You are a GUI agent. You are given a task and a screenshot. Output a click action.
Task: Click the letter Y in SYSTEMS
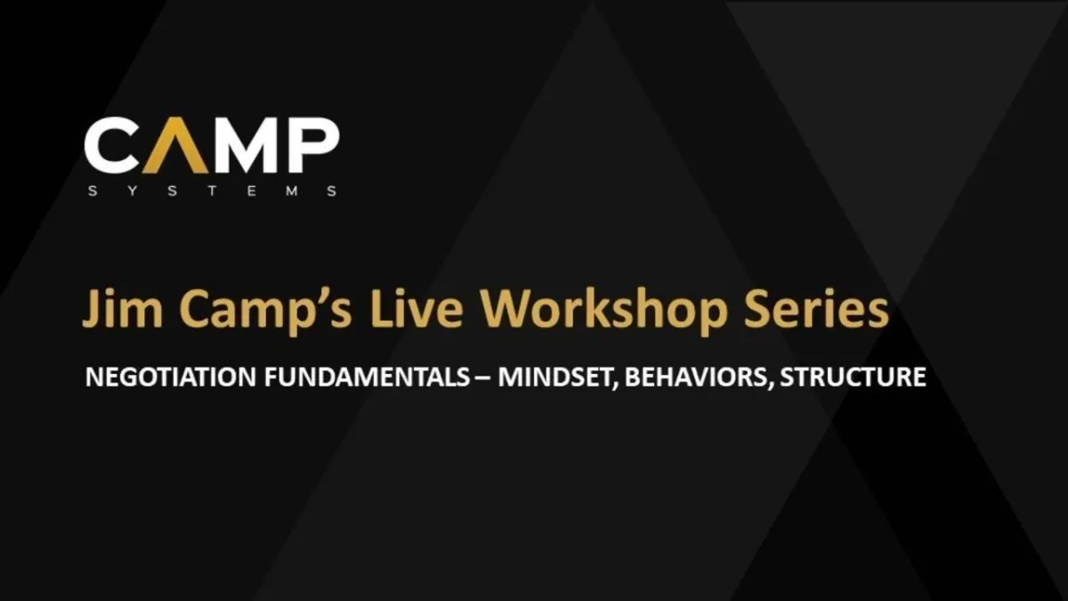tap(133, 191)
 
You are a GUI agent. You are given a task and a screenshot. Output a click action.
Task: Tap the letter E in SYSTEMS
tap(252, 191)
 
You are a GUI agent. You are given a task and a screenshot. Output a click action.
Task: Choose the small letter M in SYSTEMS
tap(292, 191)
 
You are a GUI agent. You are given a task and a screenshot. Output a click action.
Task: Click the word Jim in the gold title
tap(123, 309)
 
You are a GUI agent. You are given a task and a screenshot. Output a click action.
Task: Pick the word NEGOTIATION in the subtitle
tap(171, 377)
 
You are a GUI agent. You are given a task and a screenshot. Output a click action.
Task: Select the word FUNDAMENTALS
tap(367, 377)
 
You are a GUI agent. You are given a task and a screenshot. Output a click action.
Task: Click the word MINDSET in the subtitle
tap(558, 378)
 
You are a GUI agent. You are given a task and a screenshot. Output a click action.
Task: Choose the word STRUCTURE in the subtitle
tap(853, 377)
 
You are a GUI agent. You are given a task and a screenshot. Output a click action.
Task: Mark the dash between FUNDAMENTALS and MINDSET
tap(484, 378)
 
